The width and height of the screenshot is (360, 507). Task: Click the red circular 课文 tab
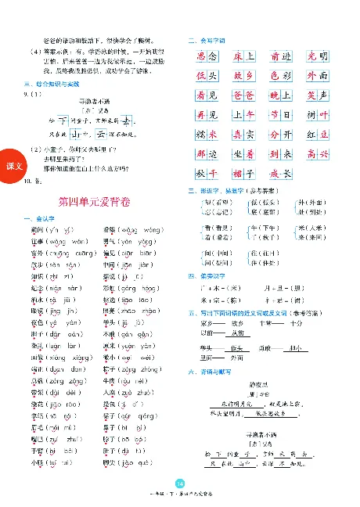point(13,167)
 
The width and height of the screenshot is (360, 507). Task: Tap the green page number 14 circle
point(180,483)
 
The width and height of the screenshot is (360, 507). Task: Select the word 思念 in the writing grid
point(206,56)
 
